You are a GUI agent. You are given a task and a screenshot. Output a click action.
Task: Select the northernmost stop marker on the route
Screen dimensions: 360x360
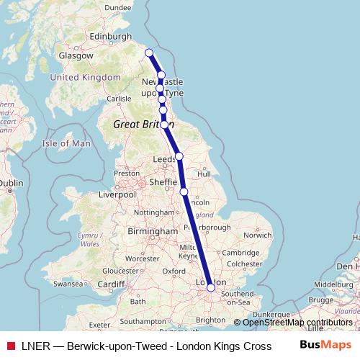(149, 53)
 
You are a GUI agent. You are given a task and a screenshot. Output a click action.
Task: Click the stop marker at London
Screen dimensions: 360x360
(210, 287)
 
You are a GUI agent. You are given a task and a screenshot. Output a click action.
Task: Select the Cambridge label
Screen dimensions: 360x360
(240, 252)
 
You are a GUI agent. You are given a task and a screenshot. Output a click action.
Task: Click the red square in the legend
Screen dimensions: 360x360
(9, 346)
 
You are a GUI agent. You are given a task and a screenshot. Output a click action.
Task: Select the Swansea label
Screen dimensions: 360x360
(68, 284)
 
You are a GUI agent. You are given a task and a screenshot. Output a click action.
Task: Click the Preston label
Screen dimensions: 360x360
(126, 174)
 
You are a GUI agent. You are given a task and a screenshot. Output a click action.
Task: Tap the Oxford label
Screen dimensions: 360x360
(175, 271)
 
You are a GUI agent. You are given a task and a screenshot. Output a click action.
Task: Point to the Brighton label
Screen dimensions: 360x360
(210, 319)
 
